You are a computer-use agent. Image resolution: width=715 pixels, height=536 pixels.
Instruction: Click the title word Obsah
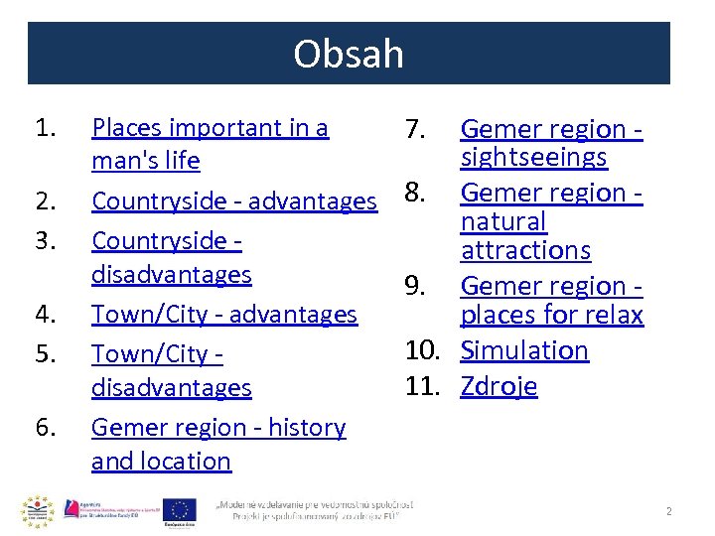(x=349, y=54)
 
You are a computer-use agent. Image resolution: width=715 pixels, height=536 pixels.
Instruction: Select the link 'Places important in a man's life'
(x=210, y=144)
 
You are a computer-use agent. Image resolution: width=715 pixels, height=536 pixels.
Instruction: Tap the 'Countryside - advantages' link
(x=233, y=201)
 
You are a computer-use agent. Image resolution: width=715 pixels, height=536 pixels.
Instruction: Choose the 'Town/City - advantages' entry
(x=223, y=315)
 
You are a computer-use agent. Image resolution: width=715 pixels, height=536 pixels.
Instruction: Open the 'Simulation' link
(x=524, y=350)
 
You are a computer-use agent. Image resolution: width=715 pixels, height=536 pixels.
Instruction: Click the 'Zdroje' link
(x=499, y=385)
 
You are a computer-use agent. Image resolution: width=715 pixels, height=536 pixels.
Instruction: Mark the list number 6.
(x=46, y=428)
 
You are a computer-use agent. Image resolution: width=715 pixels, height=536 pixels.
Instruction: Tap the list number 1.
(x=46, y=128)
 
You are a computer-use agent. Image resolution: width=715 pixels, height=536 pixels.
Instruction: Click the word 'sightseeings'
(x=533, y=158)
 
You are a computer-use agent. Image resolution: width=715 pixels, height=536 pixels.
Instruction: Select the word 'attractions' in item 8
(x=525, y=250)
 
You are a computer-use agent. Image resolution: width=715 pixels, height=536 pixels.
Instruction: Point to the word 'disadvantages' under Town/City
(x=171, y=387)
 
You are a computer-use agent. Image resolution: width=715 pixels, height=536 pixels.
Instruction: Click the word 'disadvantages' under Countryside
(x=171, y=274)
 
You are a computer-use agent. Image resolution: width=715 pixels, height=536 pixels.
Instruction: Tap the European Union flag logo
(x=180, y=510)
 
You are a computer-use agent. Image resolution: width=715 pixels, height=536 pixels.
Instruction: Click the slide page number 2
(x=668, y=511)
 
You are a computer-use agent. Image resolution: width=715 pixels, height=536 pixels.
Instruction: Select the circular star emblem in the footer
(x=37, y=511)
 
